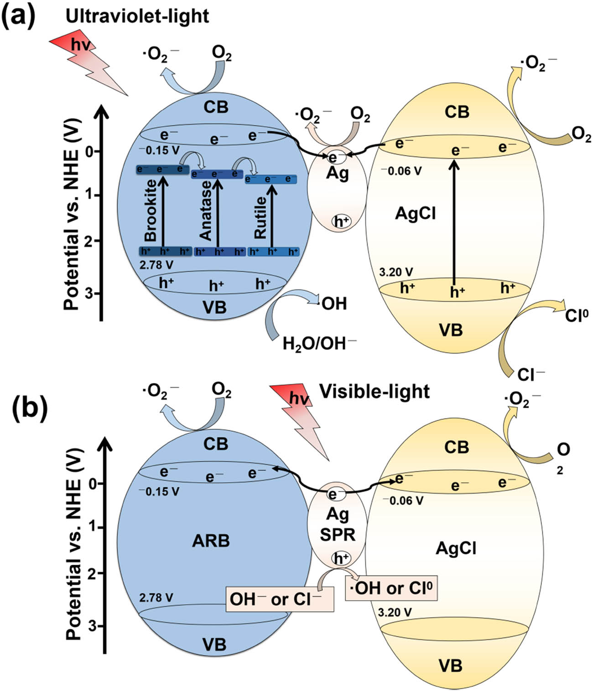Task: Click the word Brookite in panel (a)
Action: pos(150,210)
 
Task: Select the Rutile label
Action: pos(260,217)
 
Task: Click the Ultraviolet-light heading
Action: pos(137,16)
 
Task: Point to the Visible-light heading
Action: pos(374,391)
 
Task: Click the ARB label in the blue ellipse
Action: pos(211,541)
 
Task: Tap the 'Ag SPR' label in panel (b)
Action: pos(338,524)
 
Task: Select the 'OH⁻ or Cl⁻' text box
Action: pos(280,599)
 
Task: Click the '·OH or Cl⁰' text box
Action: pos(391,588)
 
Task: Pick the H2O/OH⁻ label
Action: pos(319,343)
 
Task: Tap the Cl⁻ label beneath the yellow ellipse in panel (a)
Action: pos(531,375)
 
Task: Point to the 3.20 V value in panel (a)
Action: pos(396,272)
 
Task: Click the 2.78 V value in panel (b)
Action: pos(156,597)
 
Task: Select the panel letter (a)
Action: pos(18,17)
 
